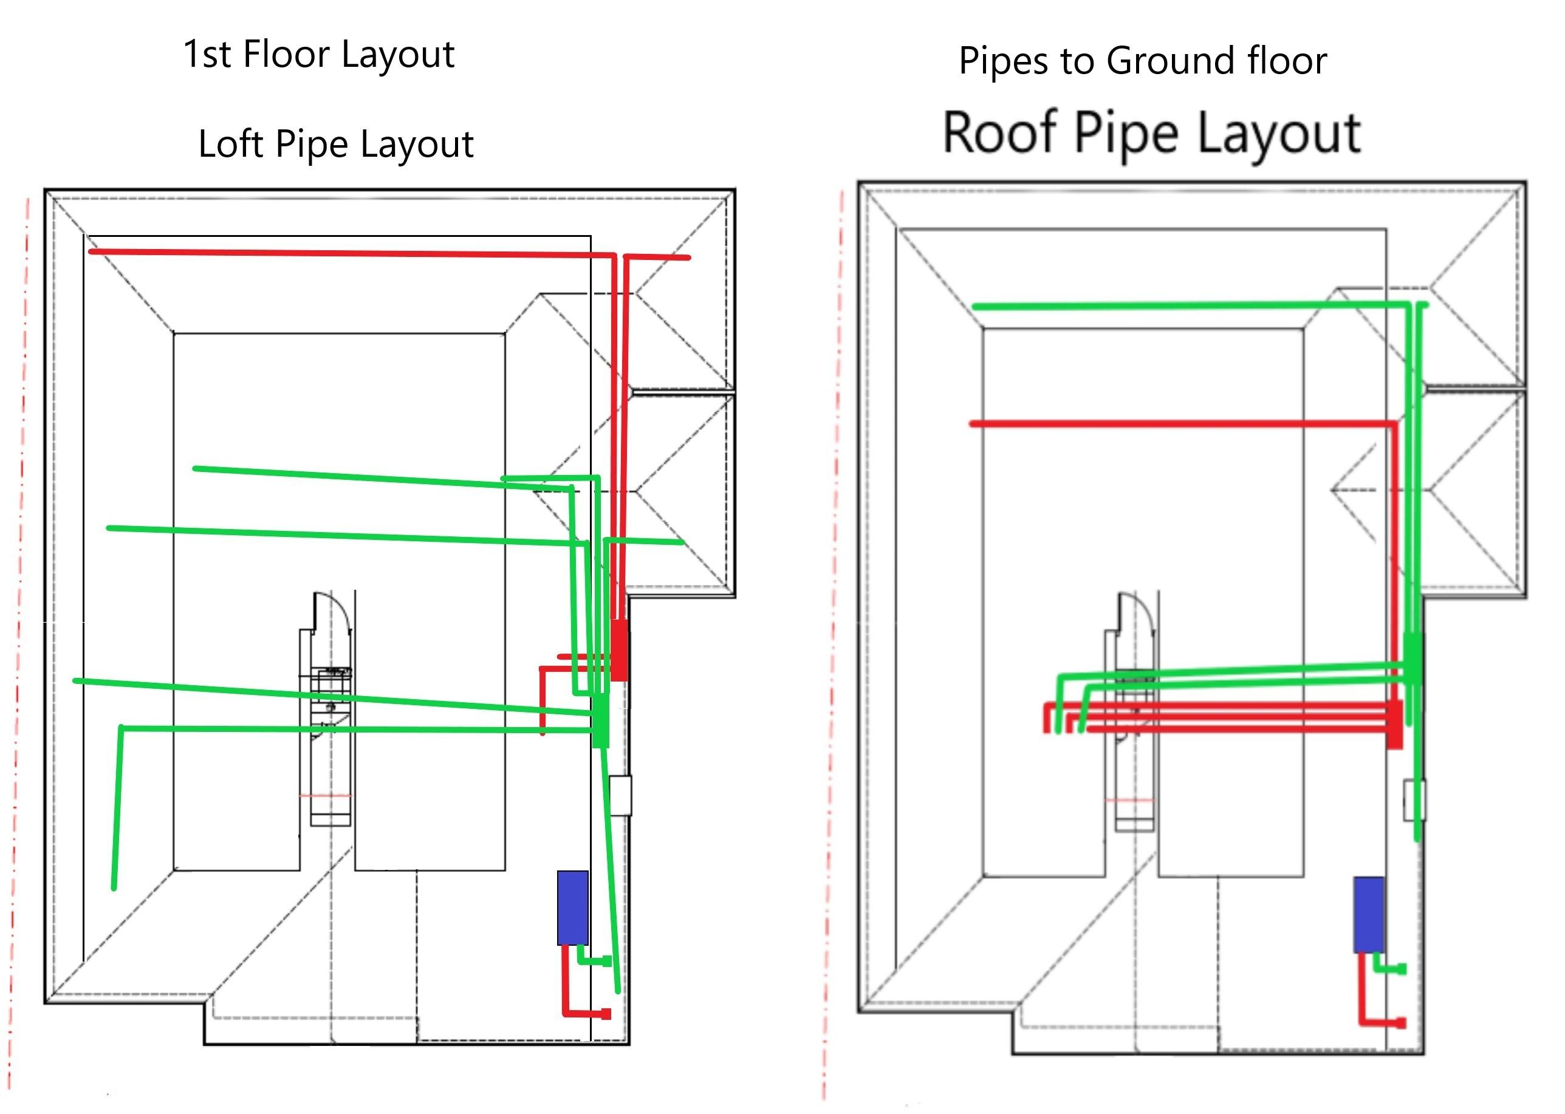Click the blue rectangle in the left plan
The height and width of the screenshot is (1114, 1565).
(x=572, y=907)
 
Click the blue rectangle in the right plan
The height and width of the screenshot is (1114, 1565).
(x=1369, y=914)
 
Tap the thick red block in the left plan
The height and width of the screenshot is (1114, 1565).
(x=619, y=649)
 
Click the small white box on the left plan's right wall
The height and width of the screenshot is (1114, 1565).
(x=620, y=796)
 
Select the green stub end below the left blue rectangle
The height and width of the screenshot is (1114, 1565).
(x=606, y=961)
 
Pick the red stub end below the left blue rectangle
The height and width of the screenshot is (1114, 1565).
(x=606, y=1014)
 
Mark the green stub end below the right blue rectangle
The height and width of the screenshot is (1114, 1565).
(x=1402, y=969)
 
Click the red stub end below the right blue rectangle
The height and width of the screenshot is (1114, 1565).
(x=1402, y=1023)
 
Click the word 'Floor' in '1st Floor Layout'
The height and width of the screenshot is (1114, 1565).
(x=287, y=54)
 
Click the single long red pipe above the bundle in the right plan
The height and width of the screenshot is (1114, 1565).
(x=1183, y=424)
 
